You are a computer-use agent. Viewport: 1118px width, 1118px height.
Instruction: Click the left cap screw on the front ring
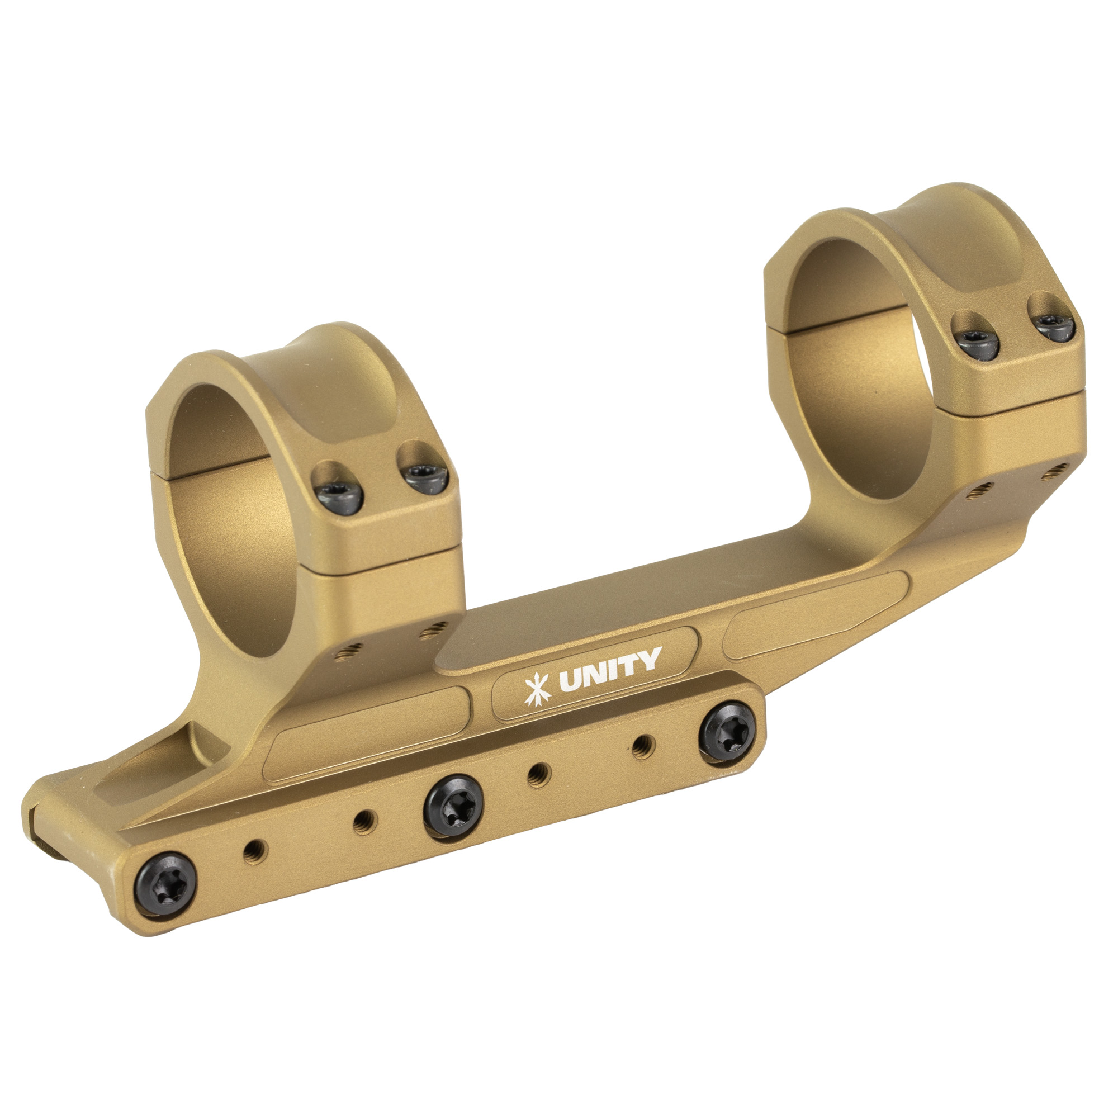(340, 491)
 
